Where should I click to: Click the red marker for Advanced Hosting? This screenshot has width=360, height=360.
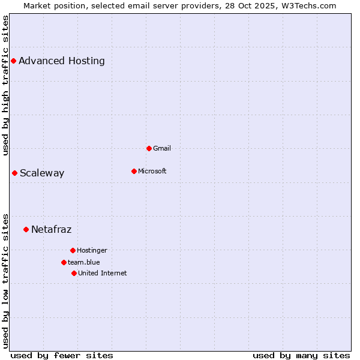click(x=13, y=61)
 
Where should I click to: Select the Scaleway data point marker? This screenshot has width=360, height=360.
click(x=14, y=173)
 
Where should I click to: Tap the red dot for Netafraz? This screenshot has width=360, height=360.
click(x=26, y=229)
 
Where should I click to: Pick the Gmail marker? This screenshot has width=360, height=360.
click(x=149, y=148)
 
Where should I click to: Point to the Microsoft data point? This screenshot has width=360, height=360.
click(x=134, y=171)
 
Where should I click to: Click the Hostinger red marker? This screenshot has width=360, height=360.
click(x=73, y=250)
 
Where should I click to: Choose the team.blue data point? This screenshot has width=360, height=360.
click(x=64, y=262)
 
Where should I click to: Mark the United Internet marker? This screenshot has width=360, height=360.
click(x=74, y=273)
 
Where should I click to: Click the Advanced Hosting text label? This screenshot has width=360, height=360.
click(x=62, y=61)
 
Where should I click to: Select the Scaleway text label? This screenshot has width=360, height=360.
click(x=42, y=173)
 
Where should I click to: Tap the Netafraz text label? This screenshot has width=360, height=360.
click(x=51, y=229)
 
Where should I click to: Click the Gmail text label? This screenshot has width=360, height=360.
click(x=162, y=148)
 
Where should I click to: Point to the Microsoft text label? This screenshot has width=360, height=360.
click(x=152, y=171)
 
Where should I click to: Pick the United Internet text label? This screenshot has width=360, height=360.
click(x=103, y=273)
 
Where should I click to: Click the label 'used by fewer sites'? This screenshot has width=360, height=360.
click(x=62, y=355)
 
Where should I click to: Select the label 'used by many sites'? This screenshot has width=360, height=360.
click(x=301, y=355)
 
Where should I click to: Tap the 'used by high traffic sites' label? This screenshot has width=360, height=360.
click(x=6, y=85)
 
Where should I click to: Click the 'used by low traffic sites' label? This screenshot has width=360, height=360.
click(x=6, y=281)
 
